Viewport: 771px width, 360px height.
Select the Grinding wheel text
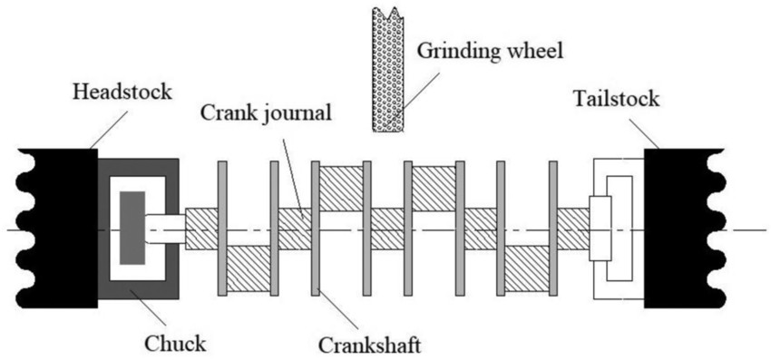pos(489,49)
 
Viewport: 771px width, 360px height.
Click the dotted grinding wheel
pos(387,67)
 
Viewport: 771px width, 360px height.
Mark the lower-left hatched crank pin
pos(248,269)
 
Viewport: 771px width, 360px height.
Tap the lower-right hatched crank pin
pos(526,269)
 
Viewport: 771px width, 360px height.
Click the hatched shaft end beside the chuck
pos(200,229)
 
